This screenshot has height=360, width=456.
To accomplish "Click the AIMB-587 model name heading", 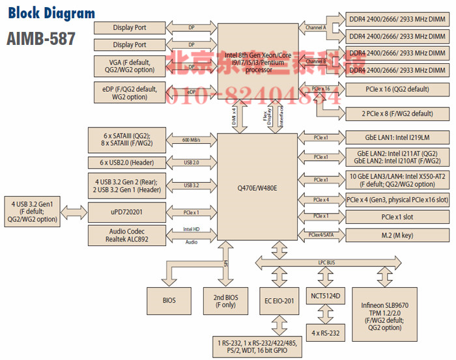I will [41, 38].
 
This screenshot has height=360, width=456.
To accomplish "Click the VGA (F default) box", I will [130, 66].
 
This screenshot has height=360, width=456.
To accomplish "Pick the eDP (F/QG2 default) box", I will [130, 92].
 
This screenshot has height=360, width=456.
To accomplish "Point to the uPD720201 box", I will [127, 213].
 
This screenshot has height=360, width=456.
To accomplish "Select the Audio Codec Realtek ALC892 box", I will [127, 236].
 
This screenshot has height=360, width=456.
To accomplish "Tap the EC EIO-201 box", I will [281, 301].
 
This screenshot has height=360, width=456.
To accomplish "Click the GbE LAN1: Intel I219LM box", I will [396, 138].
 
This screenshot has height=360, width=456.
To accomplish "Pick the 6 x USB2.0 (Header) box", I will [127, 162].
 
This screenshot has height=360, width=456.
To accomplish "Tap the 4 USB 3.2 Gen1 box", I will [32, 212].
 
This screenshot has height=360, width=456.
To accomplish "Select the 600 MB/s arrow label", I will [191, 139].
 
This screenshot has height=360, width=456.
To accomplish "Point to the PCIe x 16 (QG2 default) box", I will [396, 89].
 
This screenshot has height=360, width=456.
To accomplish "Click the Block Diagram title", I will [51, 13].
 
